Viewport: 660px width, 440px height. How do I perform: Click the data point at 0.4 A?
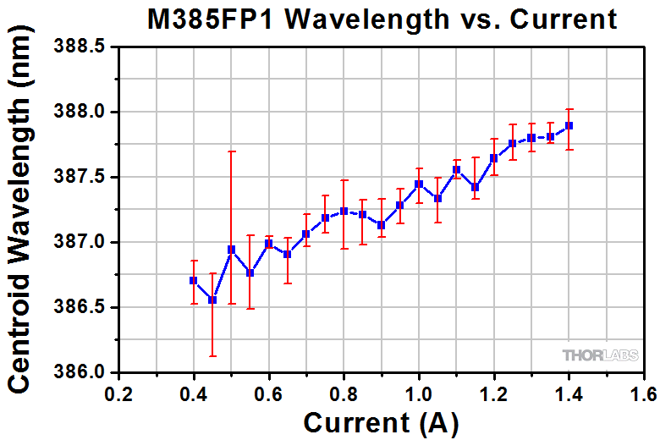pos(194,280)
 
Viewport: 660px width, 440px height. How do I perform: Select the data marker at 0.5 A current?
pos(231,249)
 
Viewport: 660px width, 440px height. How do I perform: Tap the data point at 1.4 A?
pos(569,125)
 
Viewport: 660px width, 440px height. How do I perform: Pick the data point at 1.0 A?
pos(419,184)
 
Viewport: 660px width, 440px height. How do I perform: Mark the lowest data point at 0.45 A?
pos(212,300)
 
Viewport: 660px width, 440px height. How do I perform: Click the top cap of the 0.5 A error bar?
pos(231,151)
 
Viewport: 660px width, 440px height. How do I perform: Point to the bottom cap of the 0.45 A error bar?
pos(212,356)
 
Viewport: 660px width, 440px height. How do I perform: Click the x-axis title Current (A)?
pos(381,422)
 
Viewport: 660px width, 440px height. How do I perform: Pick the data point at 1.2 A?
pos(494,158)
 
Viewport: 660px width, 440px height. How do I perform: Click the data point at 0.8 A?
pos(344,211)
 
